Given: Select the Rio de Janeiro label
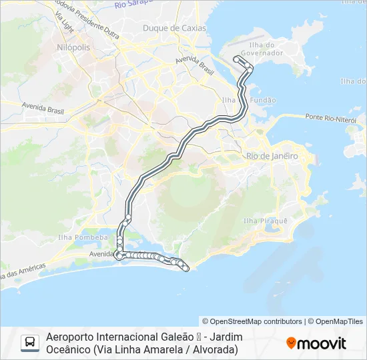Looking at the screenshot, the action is (272, 155).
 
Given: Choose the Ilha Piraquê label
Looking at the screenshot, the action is (265, 221).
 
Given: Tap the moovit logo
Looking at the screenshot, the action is (316, 343).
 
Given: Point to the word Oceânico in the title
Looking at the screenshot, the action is (68, 349).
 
